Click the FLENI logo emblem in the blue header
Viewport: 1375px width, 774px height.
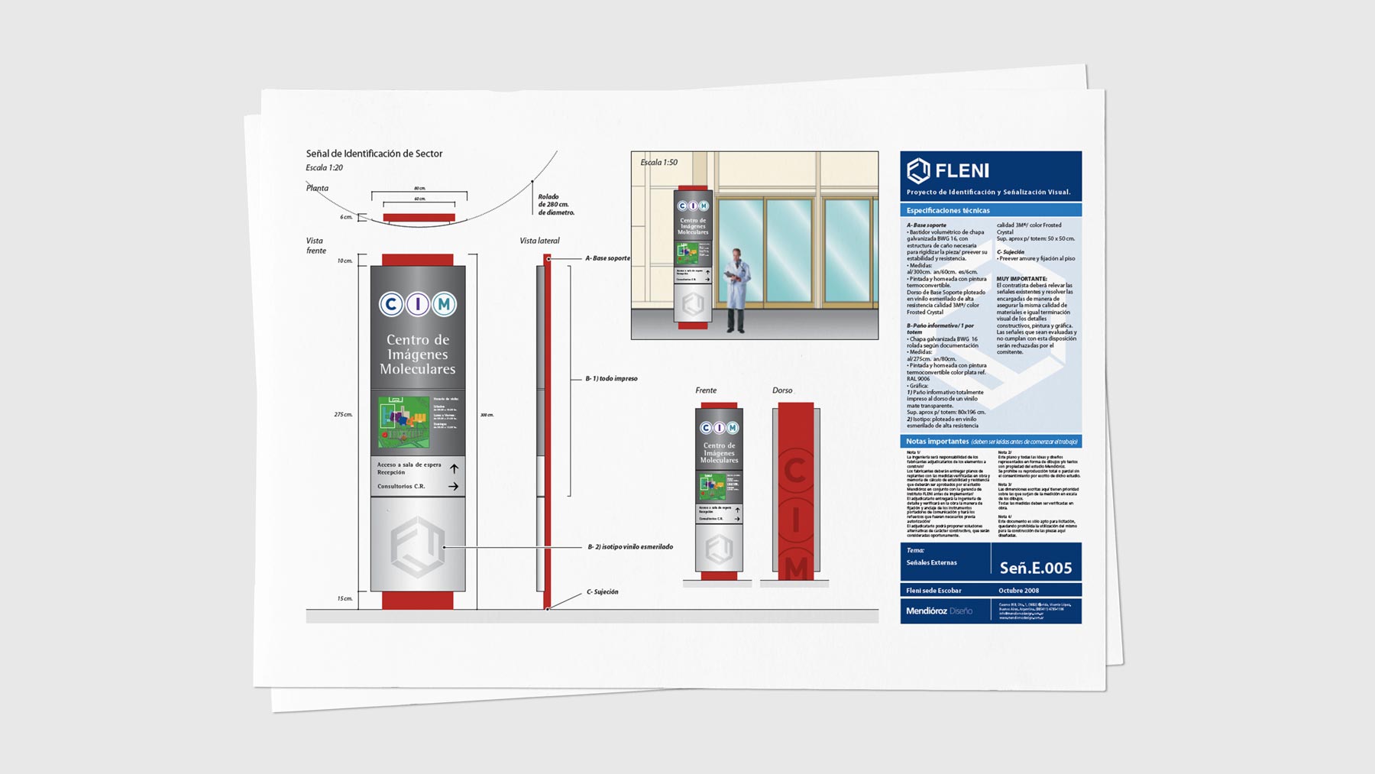(x=918, y=170)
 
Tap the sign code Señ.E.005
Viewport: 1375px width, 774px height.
(x=1035, y=568)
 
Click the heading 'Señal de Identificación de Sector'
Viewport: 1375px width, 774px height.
(x=374, y=154)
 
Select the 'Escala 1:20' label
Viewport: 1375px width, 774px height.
(x=324, y=168)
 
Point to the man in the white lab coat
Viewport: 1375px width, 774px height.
(x=736, y=289)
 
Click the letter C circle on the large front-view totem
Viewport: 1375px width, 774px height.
(x=391, y=305)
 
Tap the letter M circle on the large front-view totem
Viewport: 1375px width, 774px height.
(x=444, y=305)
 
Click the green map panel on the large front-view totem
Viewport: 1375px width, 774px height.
(x=404, y=422)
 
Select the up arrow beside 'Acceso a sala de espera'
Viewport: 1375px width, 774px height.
(x=454, y=468)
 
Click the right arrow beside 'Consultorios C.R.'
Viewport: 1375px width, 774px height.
(x=454, y=486)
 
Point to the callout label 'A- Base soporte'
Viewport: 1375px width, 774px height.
(x=607, y=258)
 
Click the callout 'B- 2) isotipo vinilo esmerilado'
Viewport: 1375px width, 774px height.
(x=630, y=547)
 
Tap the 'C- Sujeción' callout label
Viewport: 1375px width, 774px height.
(x=602, y=591)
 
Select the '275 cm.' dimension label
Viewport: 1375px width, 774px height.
(x=343, y=415)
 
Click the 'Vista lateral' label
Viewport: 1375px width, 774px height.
(x=539, y=241)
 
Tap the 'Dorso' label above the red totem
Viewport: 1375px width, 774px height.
(x=782, y=390)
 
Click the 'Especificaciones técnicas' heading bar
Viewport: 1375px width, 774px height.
(x=990, y=210)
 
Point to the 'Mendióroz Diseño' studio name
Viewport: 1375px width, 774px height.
(x=939, y=611)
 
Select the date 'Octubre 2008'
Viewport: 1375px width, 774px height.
(x=1018, y=591)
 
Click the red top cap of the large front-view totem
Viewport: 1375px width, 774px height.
(x=417, y=260)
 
